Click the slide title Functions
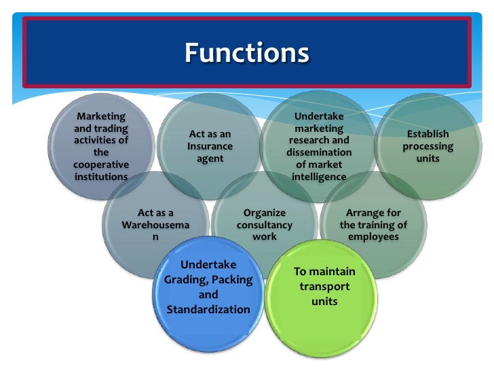pos(247,53)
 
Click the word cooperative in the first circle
pos(101,165)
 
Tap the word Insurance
pos(210,146)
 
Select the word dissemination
pos(319,152)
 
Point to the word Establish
pos(427,135)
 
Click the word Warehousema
pos(155,225)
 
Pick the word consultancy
pos(265,225)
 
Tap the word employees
pos(373,237)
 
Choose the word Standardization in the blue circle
pos(208,310)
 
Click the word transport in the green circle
pos(324,286)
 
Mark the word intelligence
pos(319,177)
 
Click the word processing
pos(427,146)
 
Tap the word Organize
pos(265,213)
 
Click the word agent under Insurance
pos(210,158)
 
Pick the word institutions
pos(101,177)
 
